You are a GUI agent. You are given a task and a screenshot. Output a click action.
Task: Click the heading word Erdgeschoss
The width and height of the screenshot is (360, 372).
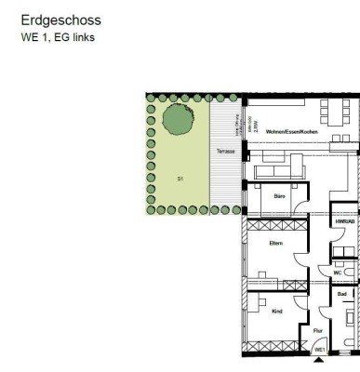[61, 20]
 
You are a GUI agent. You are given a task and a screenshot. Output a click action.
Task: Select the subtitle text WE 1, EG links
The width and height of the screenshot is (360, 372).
[58, 38]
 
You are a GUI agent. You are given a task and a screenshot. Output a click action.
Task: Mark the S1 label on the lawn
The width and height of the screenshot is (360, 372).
[180, 177]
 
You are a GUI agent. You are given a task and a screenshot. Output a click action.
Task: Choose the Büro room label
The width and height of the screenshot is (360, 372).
[278, 196]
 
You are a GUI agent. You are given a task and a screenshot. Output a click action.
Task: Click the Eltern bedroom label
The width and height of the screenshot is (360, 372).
[275, 244]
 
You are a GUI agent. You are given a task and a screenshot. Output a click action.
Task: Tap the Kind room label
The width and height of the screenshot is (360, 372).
[276, 312]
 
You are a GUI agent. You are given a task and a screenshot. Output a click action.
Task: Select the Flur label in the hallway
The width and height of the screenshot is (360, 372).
[317, 330]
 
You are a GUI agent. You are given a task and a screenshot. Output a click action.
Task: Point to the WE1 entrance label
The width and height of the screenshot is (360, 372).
[319, 349]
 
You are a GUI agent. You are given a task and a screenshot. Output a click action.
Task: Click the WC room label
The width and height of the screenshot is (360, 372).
[337, 272]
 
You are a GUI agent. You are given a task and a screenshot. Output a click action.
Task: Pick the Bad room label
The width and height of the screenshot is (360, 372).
[342, 294]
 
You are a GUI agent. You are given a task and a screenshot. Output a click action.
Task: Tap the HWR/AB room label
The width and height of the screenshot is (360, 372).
[342, 222]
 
